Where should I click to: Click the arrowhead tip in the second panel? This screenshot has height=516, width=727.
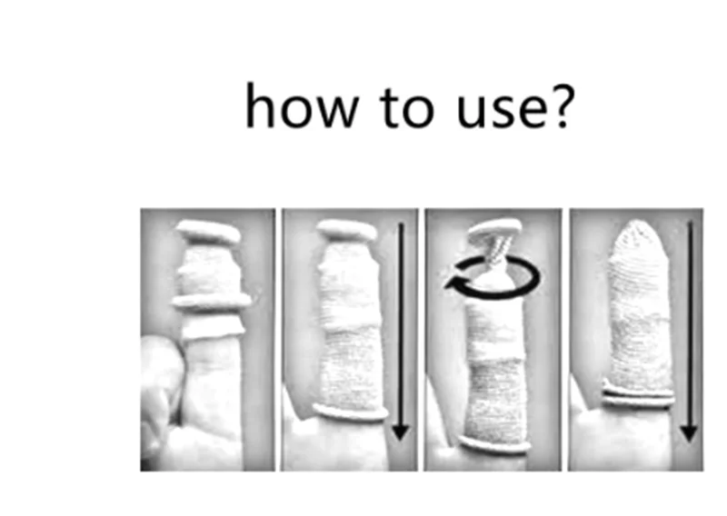coord(402,439)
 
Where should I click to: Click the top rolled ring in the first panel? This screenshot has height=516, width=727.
coord(208,233)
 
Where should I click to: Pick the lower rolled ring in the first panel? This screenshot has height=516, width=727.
coord(212,302)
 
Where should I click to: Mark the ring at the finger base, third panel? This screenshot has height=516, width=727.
coord(494,444)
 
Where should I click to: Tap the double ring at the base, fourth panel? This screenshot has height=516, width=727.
coord(639,395)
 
